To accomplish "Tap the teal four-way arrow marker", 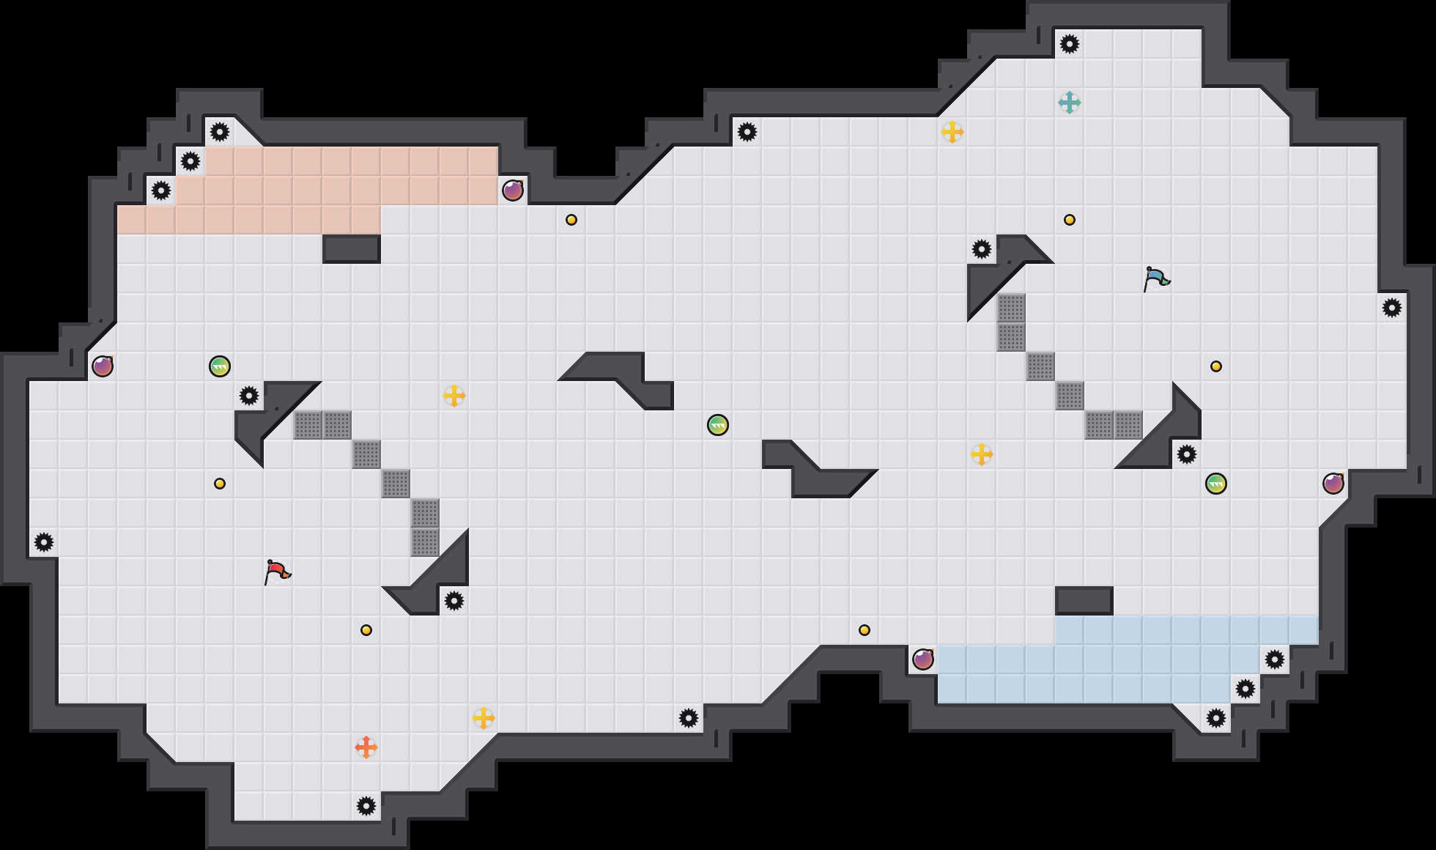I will [x=1070, y=103].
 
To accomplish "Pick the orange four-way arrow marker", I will [x=366, y=747].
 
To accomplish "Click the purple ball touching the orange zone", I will [x=513, y=191].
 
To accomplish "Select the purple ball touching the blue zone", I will [x=923, y=659].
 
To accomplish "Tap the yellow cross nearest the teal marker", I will [x=952, y=132].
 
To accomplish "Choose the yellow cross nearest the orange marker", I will [x=484, y=718].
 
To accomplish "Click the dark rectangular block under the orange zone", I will [x=352, y=249].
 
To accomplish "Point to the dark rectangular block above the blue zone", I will [x=1084, y=601].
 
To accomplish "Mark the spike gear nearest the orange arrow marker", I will [x=366, y=806].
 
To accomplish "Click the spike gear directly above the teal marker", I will [x=1070, y=44].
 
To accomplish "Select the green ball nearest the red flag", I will [x=220, y=366].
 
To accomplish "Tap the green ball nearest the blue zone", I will [x=1216, y=484].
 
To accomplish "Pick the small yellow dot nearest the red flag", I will [x=220, y=484].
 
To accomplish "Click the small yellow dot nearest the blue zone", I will [x=865, y=630].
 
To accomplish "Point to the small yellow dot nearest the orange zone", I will [x=571, y=220].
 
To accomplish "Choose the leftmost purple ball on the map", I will [x=103, y=366].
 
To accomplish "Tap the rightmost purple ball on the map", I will [x=1333, y=484].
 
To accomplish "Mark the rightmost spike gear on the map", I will [x=1392, y=308].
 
